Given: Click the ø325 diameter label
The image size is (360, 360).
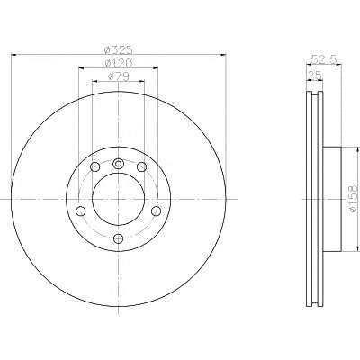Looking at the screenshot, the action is pos(118,49).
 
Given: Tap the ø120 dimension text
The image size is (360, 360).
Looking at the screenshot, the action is pos(118,63).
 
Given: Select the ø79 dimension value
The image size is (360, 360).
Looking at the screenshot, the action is pos(118,76).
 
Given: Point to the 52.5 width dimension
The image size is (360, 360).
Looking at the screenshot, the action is pos(324,59).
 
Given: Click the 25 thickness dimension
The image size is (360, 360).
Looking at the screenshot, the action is pos(314,75).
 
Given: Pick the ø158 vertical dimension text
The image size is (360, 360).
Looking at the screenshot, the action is pos(354,199).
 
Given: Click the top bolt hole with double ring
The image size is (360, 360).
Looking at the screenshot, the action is pos(118,164).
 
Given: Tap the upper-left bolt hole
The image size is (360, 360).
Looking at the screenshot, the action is pos(95,166).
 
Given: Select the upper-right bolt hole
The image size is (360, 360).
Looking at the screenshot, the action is pos(141,166).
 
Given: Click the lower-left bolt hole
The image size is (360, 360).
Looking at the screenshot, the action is pos(81,211).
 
